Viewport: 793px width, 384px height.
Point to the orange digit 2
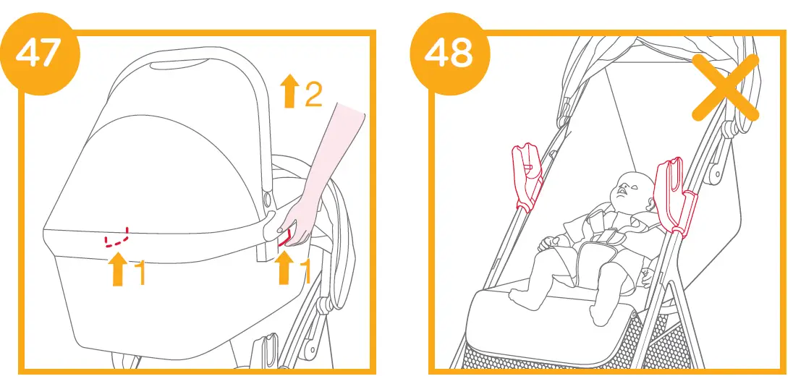[313, 94]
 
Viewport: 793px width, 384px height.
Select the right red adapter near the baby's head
[673, 195]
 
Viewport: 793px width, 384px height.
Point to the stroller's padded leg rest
[550, 318]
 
